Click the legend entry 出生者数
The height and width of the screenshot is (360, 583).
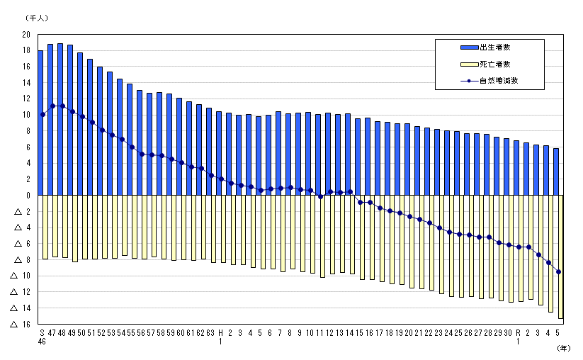tap(495, 47)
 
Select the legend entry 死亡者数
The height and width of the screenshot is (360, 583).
tap(495, 64)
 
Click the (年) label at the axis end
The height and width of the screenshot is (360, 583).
tap(563, 348)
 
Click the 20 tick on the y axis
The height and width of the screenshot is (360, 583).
tap(26, 35)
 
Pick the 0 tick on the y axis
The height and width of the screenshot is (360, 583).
tap(28, 196)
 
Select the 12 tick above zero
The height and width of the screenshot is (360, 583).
tap(26, 99)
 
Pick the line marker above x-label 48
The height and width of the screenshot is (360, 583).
tap(62, 106)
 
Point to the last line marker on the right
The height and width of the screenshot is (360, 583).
tap(559, 271)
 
